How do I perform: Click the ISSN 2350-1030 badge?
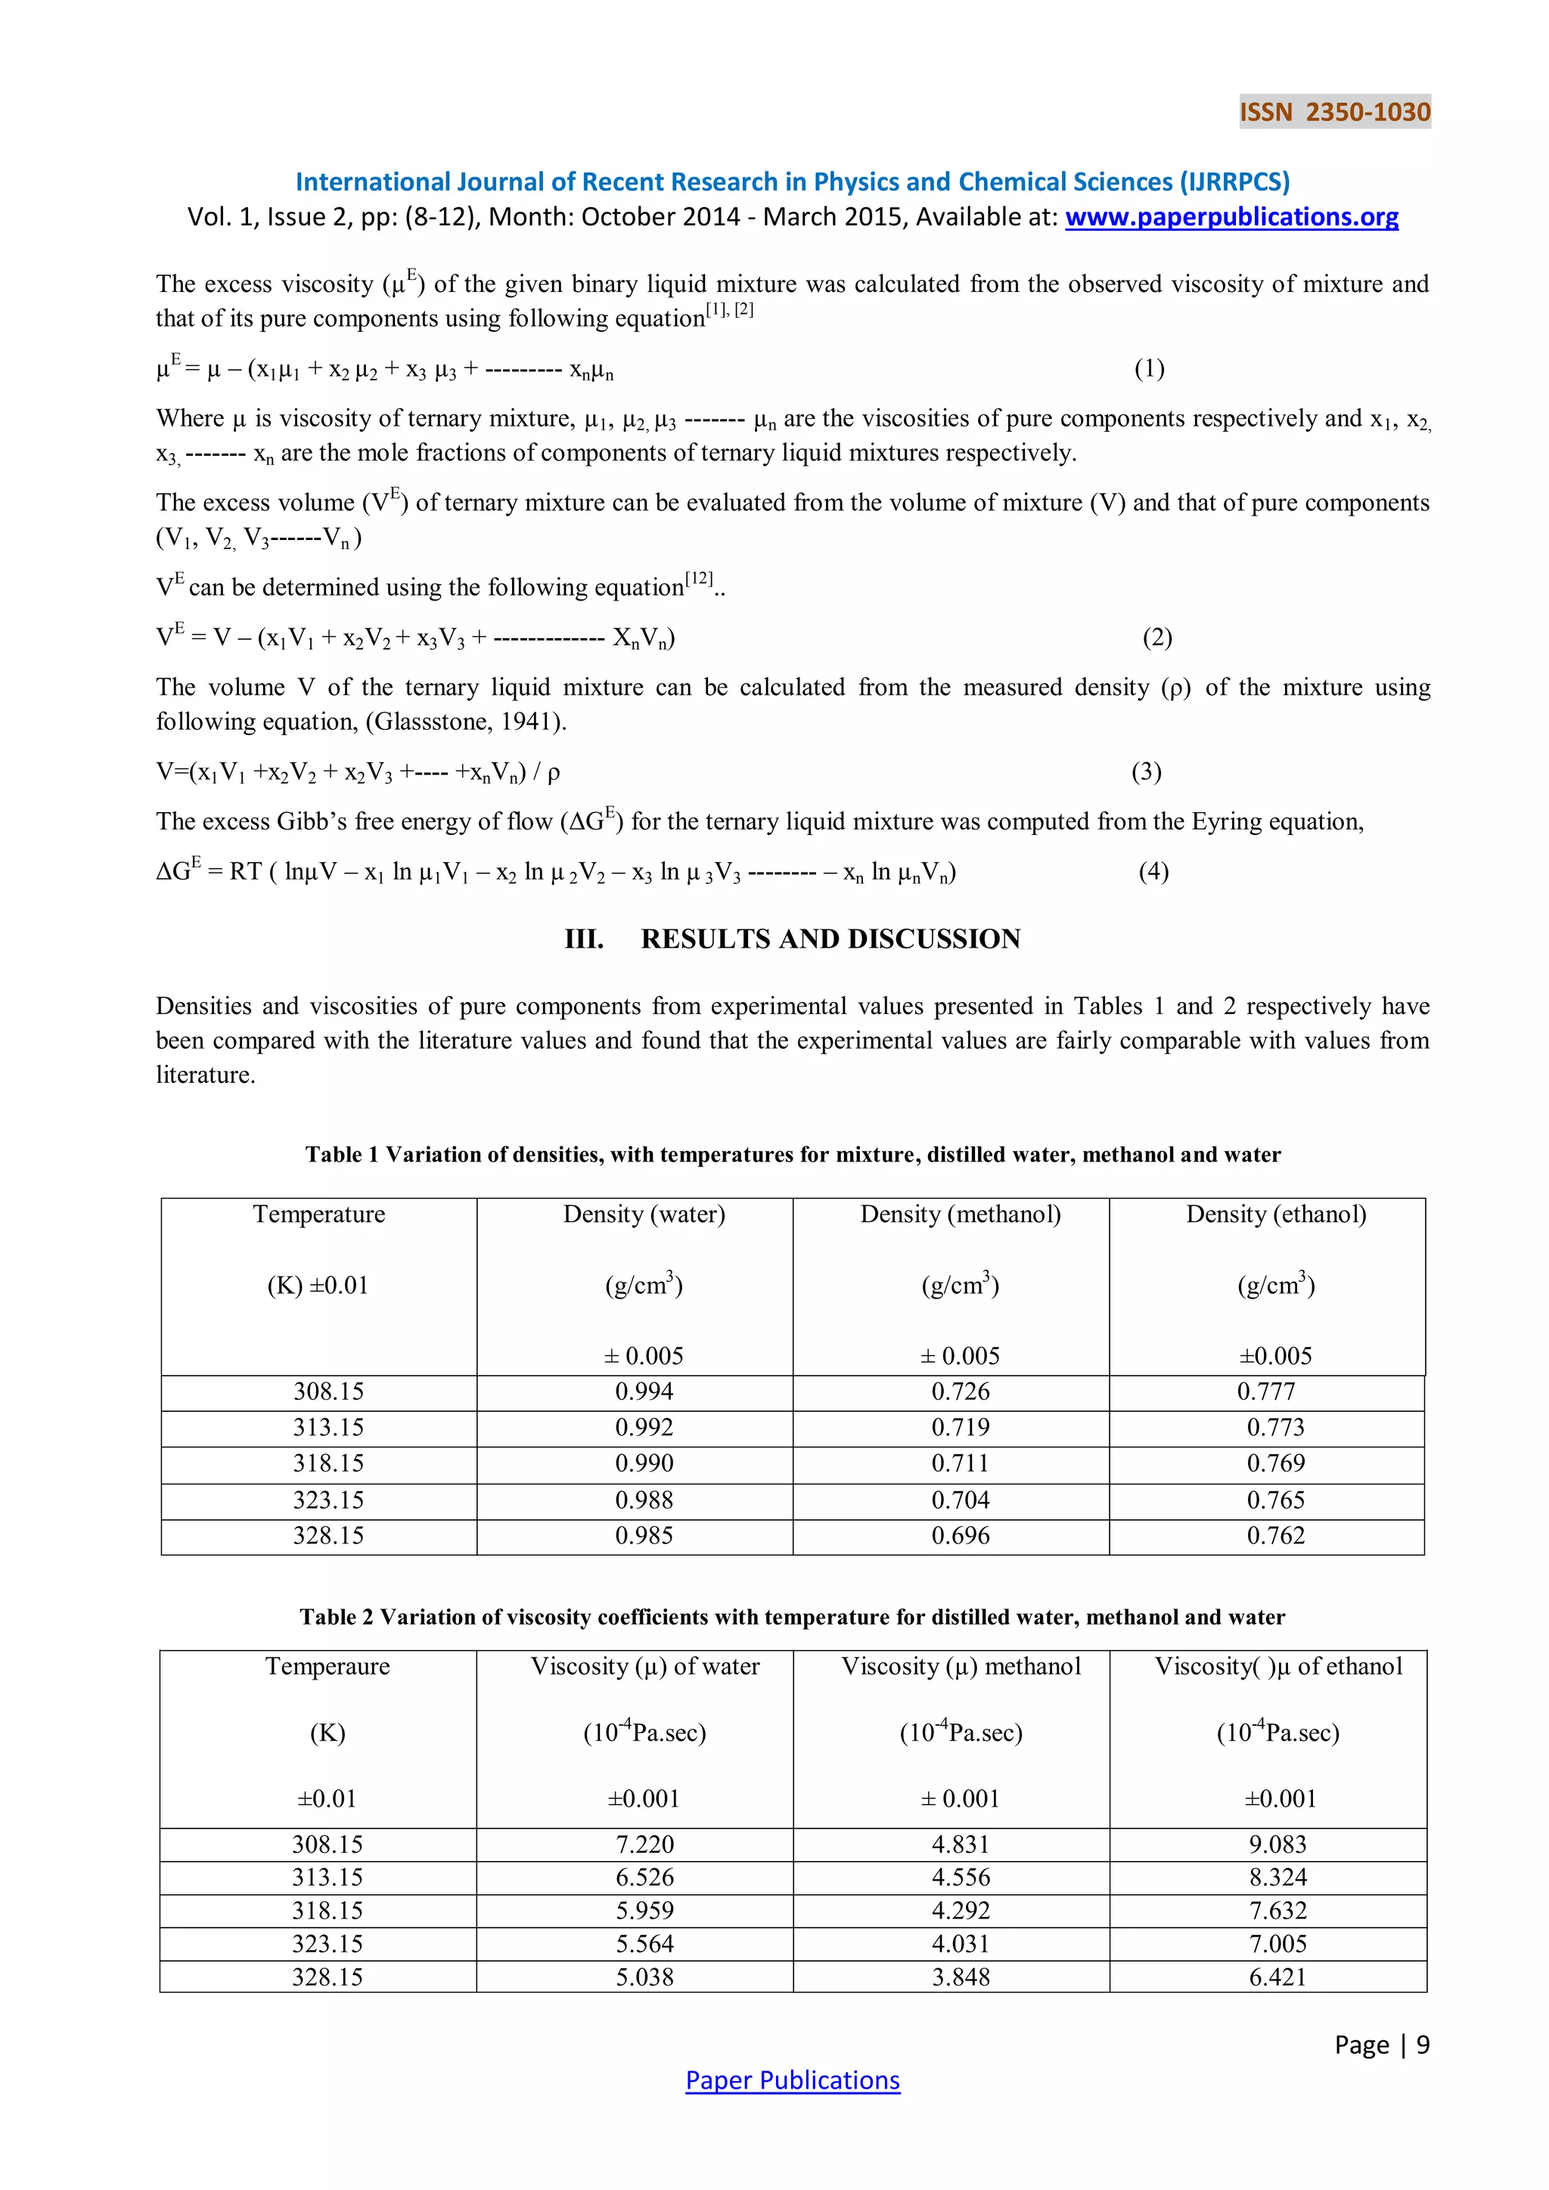tap(1334, 112)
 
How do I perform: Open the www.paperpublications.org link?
tap(1231, 218)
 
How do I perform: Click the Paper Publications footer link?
tap(792, 2080)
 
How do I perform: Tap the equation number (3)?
tap(1147, 771)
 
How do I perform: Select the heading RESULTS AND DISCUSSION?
tap(830, 939)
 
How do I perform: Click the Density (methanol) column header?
tap(960, 1214)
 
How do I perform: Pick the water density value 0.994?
tap(644, 1391)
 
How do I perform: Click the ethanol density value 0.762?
tap(1275, 1536)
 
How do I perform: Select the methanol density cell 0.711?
tap(960, 1463)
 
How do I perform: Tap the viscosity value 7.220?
tap(644, 1844)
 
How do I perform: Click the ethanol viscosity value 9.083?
tap(1277, 1844)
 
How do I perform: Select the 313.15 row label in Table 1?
tap(328, 1428)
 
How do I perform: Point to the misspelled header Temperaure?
tap(327, 1667)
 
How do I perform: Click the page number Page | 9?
tap(1381, 2044)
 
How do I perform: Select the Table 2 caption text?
tap(792, 1617)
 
